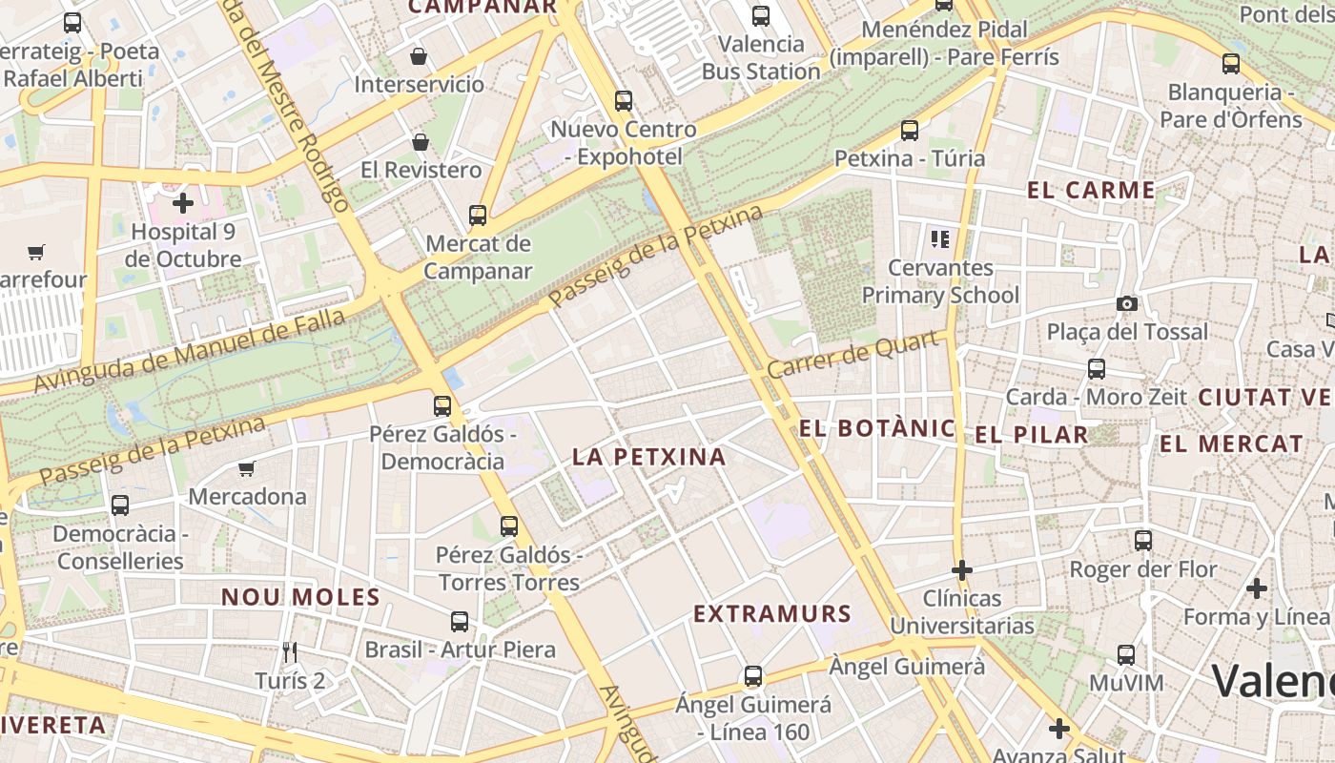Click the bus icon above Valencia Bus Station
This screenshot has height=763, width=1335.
pyautogui.click(x=760, y=15)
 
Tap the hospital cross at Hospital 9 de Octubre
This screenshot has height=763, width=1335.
pyautogui.click(x=182, y=202)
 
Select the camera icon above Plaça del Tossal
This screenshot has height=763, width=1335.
pyautogui.click(x=1127, y=303)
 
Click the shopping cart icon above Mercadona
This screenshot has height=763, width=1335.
pyautogui.click(x=247, y=468)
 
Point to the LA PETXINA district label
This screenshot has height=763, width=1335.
pyautogui.click(x=649, y=457)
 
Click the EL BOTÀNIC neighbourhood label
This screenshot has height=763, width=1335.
pyautogui.click(x=876, y=428)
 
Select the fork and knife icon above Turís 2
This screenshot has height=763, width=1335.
pyautogui.click(x=290, y=652)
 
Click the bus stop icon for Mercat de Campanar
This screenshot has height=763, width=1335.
pyautogui.click(x=478, y=216)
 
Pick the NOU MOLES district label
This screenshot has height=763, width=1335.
pyautogui.click(x=300, y=598)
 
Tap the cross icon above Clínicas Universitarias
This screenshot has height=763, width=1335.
pyautogui.click(x=962, y=570)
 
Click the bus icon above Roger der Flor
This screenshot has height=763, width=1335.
pyautogui.click(x=1143, y=541)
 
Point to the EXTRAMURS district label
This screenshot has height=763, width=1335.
pyautogui.click(x=771, y=614)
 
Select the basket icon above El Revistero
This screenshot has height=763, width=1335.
pyautogui.click(x=421, y=142)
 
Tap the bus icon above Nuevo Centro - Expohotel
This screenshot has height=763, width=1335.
pyautogui.click(x=624, y=100)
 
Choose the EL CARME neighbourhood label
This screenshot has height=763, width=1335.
pyautogui.click(x=1091, y=190)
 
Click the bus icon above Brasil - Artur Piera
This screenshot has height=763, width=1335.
pyautogui.click(x=460, y=622)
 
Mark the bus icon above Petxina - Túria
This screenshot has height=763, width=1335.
pyautogui.click(x=910, y=131)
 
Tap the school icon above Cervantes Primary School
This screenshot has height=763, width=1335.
pyautogui.click(x=940, y=238)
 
